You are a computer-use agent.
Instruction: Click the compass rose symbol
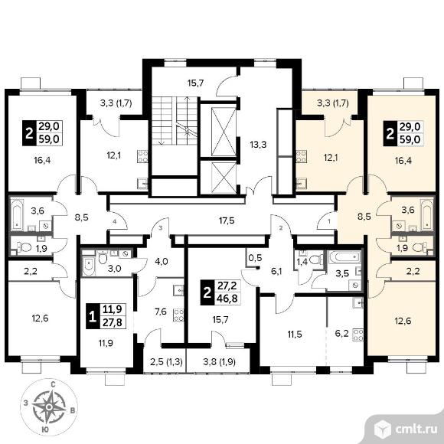point(49,407)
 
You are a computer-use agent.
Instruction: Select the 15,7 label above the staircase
point(196,83)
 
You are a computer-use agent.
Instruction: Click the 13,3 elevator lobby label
point(258,145)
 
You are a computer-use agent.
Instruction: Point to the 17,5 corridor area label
point(227,220)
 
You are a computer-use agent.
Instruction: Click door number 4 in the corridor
point(115,222)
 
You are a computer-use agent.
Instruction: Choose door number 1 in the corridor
point(328,222)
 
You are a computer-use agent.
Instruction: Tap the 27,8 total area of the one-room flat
point(113,322)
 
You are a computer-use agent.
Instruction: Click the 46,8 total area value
point(227,299)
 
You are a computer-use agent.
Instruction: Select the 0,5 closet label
point(255,258)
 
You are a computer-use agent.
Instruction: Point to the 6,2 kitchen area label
point(342,333)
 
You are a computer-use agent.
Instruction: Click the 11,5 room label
point(295,335)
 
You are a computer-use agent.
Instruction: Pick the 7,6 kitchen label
point(161,312)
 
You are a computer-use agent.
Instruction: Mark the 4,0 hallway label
point(162,261)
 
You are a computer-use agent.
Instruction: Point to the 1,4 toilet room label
point(302,262)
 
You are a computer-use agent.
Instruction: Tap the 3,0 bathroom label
point(114,268)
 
